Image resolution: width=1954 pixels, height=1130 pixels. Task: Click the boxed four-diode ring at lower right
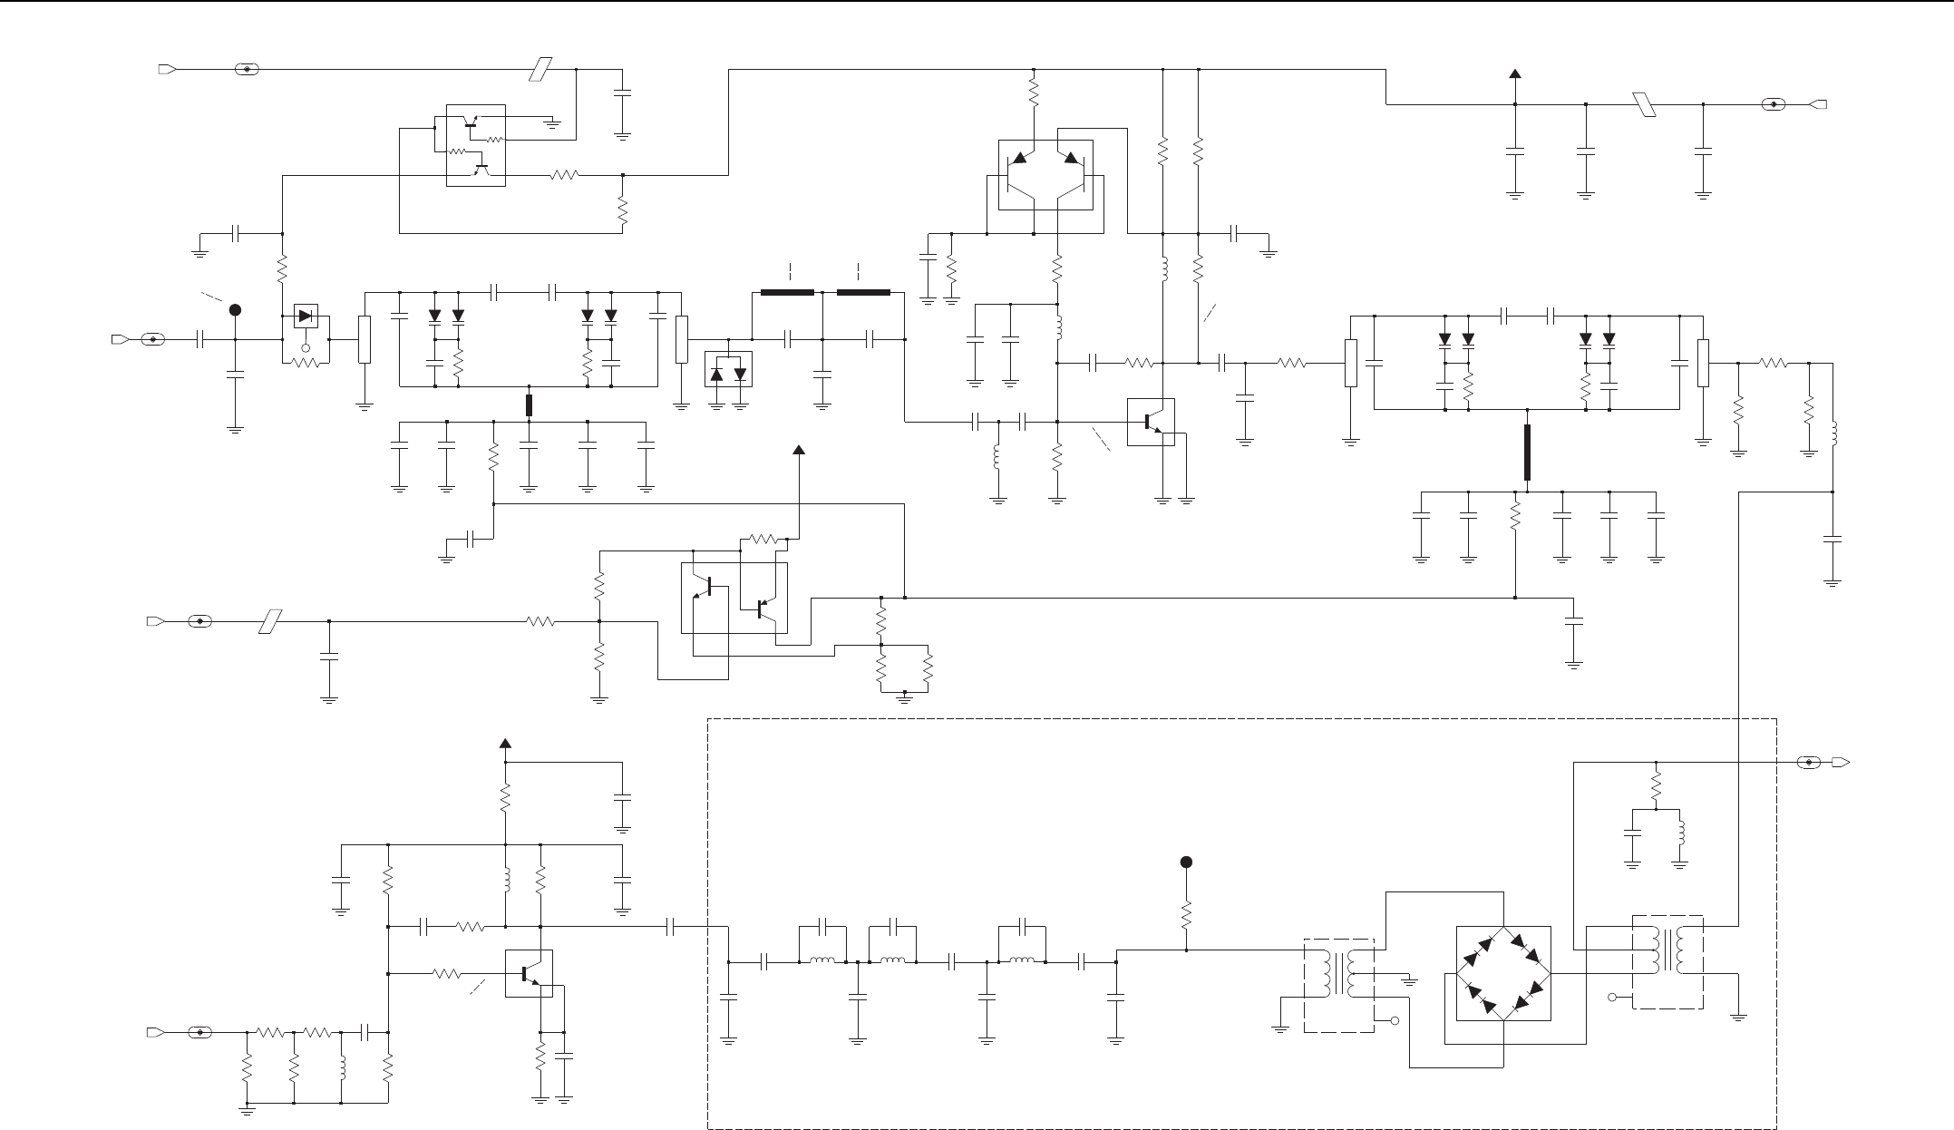click(x=1503, y=973)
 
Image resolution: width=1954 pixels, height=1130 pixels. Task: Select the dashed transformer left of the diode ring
click(x=1339, y=985)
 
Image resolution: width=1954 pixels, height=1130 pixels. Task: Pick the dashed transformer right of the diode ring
click(x=1667, y=961)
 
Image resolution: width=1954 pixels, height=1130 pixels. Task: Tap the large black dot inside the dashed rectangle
click(x=1185, y=862)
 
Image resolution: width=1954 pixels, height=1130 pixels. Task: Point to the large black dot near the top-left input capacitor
click(x=235, y=310)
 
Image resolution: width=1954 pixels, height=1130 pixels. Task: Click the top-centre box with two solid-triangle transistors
click(x=1045, y=174)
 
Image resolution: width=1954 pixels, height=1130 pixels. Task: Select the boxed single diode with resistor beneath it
click(x=306, y=317)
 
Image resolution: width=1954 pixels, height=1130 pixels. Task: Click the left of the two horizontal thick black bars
click(x=787, y=293)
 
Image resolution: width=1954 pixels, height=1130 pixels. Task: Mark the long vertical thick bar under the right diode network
click(x=1528, y=453)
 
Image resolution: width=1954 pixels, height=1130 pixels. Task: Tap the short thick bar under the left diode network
click(x=530, y=405)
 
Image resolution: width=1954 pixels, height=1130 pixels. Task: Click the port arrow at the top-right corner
click(x=1818, y=104)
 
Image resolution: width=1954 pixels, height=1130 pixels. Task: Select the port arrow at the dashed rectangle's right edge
click(x=1842, y=762)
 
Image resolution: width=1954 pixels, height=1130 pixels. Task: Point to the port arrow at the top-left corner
click(x=166, y=69)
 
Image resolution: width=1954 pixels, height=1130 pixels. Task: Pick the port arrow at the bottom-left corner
click(x=154, y=1032)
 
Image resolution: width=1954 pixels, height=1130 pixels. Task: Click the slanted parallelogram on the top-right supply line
click(x=1643, y=104)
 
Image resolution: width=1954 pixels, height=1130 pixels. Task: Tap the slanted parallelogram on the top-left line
click(x=540, y=69)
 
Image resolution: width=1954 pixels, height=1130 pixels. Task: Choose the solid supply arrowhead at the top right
click(x=1514, y=74)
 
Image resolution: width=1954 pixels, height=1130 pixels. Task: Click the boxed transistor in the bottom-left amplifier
click(x=529, y=973)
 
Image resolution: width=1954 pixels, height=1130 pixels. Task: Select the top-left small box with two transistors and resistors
click(x=476, y=145)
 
